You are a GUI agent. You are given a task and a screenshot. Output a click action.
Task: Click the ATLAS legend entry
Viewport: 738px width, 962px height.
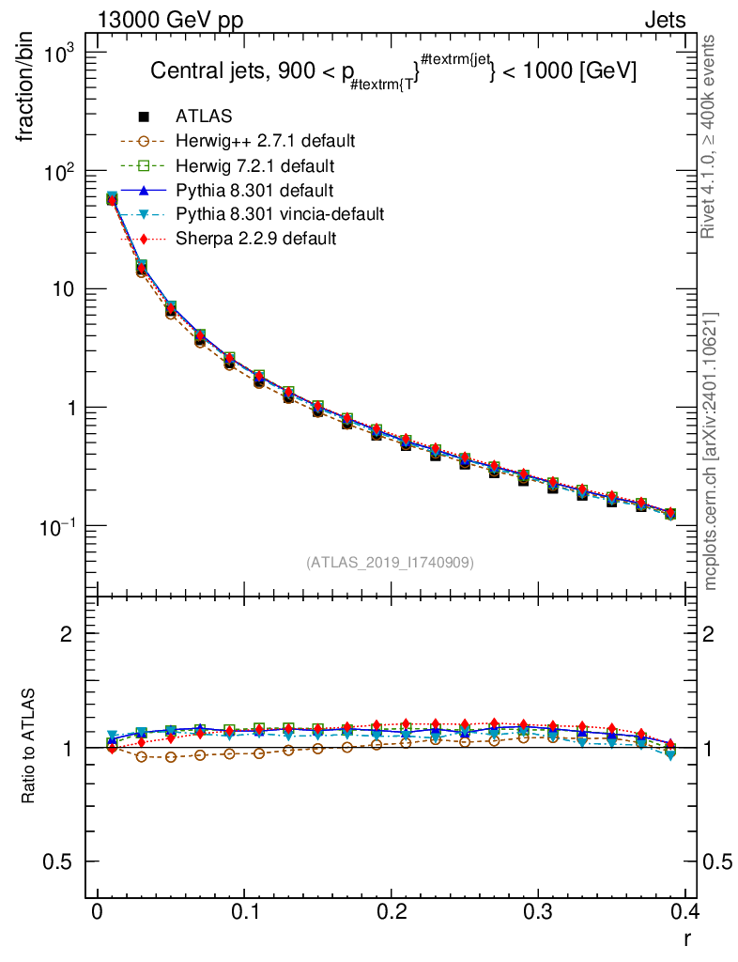point(204,116)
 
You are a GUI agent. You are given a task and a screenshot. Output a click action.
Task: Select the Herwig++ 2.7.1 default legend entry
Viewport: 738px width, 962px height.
point(265,141)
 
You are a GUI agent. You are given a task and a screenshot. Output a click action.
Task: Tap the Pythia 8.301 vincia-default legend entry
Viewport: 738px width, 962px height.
point(279,214)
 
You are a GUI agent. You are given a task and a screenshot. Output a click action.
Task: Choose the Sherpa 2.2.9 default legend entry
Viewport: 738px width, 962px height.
point(255,239)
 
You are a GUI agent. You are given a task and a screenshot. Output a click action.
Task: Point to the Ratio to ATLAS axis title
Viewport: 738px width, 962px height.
point(29,747)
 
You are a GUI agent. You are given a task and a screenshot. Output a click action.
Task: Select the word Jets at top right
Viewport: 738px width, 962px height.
point(664,21)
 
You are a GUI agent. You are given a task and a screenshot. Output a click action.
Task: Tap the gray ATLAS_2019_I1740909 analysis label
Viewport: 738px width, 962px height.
point(390,563)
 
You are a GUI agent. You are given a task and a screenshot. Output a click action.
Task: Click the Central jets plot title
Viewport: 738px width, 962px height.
point(394,72)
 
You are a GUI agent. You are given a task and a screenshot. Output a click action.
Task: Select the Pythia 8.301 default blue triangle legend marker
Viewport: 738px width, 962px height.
point(144,190)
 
